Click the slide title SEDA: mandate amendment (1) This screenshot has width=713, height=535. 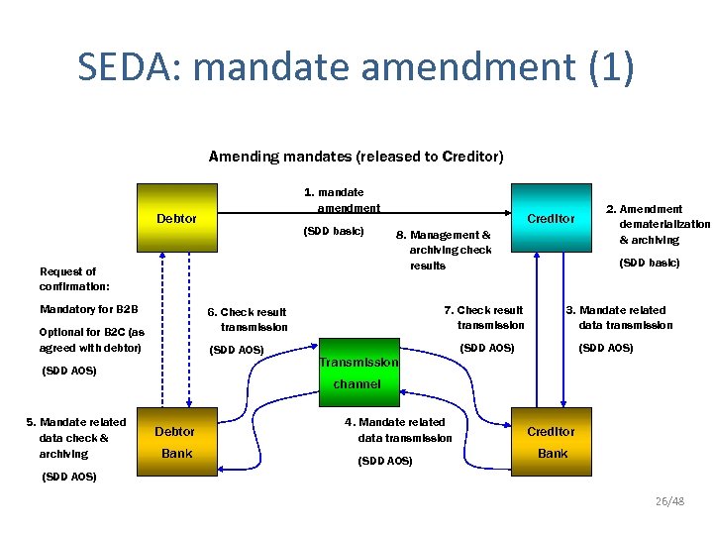pyautogui.click(x=356, y=67)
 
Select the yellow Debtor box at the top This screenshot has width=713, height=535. pyautogui.click(x=176, y=218)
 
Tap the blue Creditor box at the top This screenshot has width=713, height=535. pyautogui.click(x=550, y=218)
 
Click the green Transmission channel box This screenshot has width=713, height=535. pyautogui.click(x=357, y=373)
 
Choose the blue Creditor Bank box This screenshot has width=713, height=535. pyautogui.click(x=551, y=442)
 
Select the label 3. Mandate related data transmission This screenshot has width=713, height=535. pyautogui.click(x=622, y=317)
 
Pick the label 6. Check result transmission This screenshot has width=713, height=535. pyautogui.click(x=249, y=319)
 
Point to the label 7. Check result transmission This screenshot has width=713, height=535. pyautogui.click(x=485, y=317)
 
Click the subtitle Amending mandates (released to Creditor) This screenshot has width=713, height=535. pyautogui.click(x=356, y=157)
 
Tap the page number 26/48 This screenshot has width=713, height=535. pyautogui.click(x=669, y=501)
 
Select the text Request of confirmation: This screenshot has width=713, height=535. pyautogui.click(x=68, y=278)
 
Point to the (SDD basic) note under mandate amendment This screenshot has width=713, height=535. pyautogui.click(x=333, y=232)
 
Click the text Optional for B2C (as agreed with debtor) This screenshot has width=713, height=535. pyautogui.click(x=91, y=340)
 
